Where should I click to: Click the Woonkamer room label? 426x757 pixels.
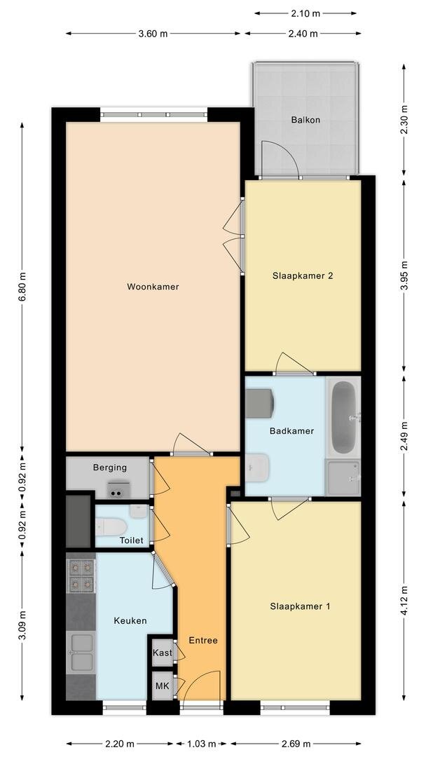[x=153, y=287]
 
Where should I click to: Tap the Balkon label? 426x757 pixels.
[x=305, y=120]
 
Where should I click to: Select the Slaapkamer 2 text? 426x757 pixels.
[x=303, y=276]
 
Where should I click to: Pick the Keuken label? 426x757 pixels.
[x=130, y=621]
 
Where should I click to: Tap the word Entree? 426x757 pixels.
[x=203, y=641]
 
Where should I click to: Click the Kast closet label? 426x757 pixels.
[x=163, y=653]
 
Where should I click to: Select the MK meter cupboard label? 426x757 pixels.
[x=162, y=686]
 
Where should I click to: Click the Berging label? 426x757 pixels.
[x=110, y=468]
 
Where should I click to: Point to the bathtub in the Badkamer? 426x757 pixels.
[x=345, y=417]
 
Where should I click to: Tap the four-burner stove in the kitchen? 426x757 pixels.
[x=81, y=575]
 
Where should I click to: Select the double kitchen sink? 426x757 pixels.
[x=81, y=653]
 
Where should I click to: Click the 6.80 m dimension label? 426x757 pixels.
[x=22, y=287]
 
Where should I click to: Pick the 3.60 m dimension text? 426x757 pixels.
[x=153, y=34]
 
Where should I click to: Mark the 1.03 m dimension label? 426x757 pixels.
[x=202, y=744]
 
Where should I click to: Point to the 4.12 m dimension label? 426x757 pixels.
[x=404, y=599]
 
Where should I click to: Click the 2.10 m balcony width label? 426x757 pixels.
[x=305, y=13]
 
